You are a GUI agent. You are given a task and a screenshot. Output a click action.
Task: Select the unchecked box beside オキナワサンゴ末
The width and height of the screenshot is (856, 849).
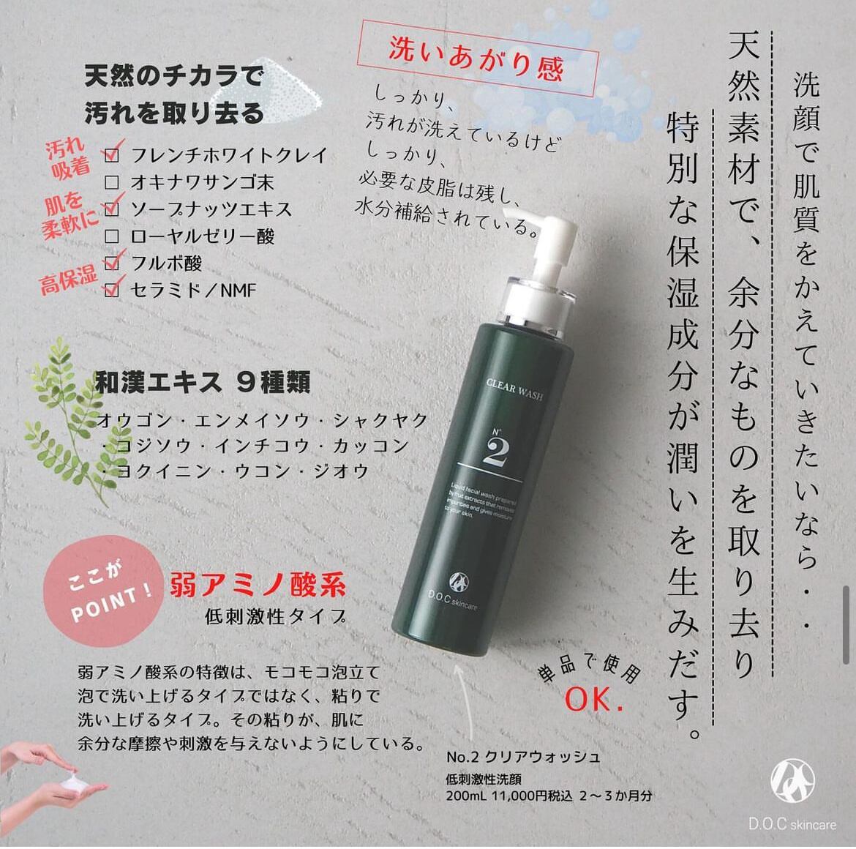112,182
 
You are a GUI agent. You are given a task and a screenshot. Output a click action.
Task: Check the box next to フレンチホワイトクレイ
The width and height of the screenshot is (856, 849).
112,155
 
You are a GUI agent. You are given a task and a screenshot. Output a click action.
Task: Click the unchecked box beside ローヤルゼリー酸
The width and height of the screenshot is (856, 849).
112,236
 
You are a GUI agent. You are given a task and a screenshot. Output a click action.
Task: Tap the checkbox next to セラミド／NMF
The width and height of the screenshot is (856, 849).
112,290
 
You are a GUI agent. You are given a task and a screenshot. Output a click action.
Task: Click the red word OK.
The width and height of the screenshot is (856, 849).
594,700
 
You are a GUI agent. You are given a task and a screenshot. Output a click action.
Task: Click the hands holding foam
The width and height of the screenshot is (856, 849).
51,779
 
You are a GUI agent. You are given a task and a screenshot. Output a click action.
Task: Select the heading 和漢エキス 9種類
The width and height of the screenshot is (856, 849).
203,382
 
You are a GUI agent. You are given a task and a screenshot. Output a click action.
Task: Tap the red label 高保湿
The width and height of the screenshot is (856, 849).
68,278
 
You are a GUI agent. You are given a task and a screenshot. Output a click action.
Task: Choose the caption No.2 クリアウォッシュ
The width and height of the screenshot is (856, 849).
523,757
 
